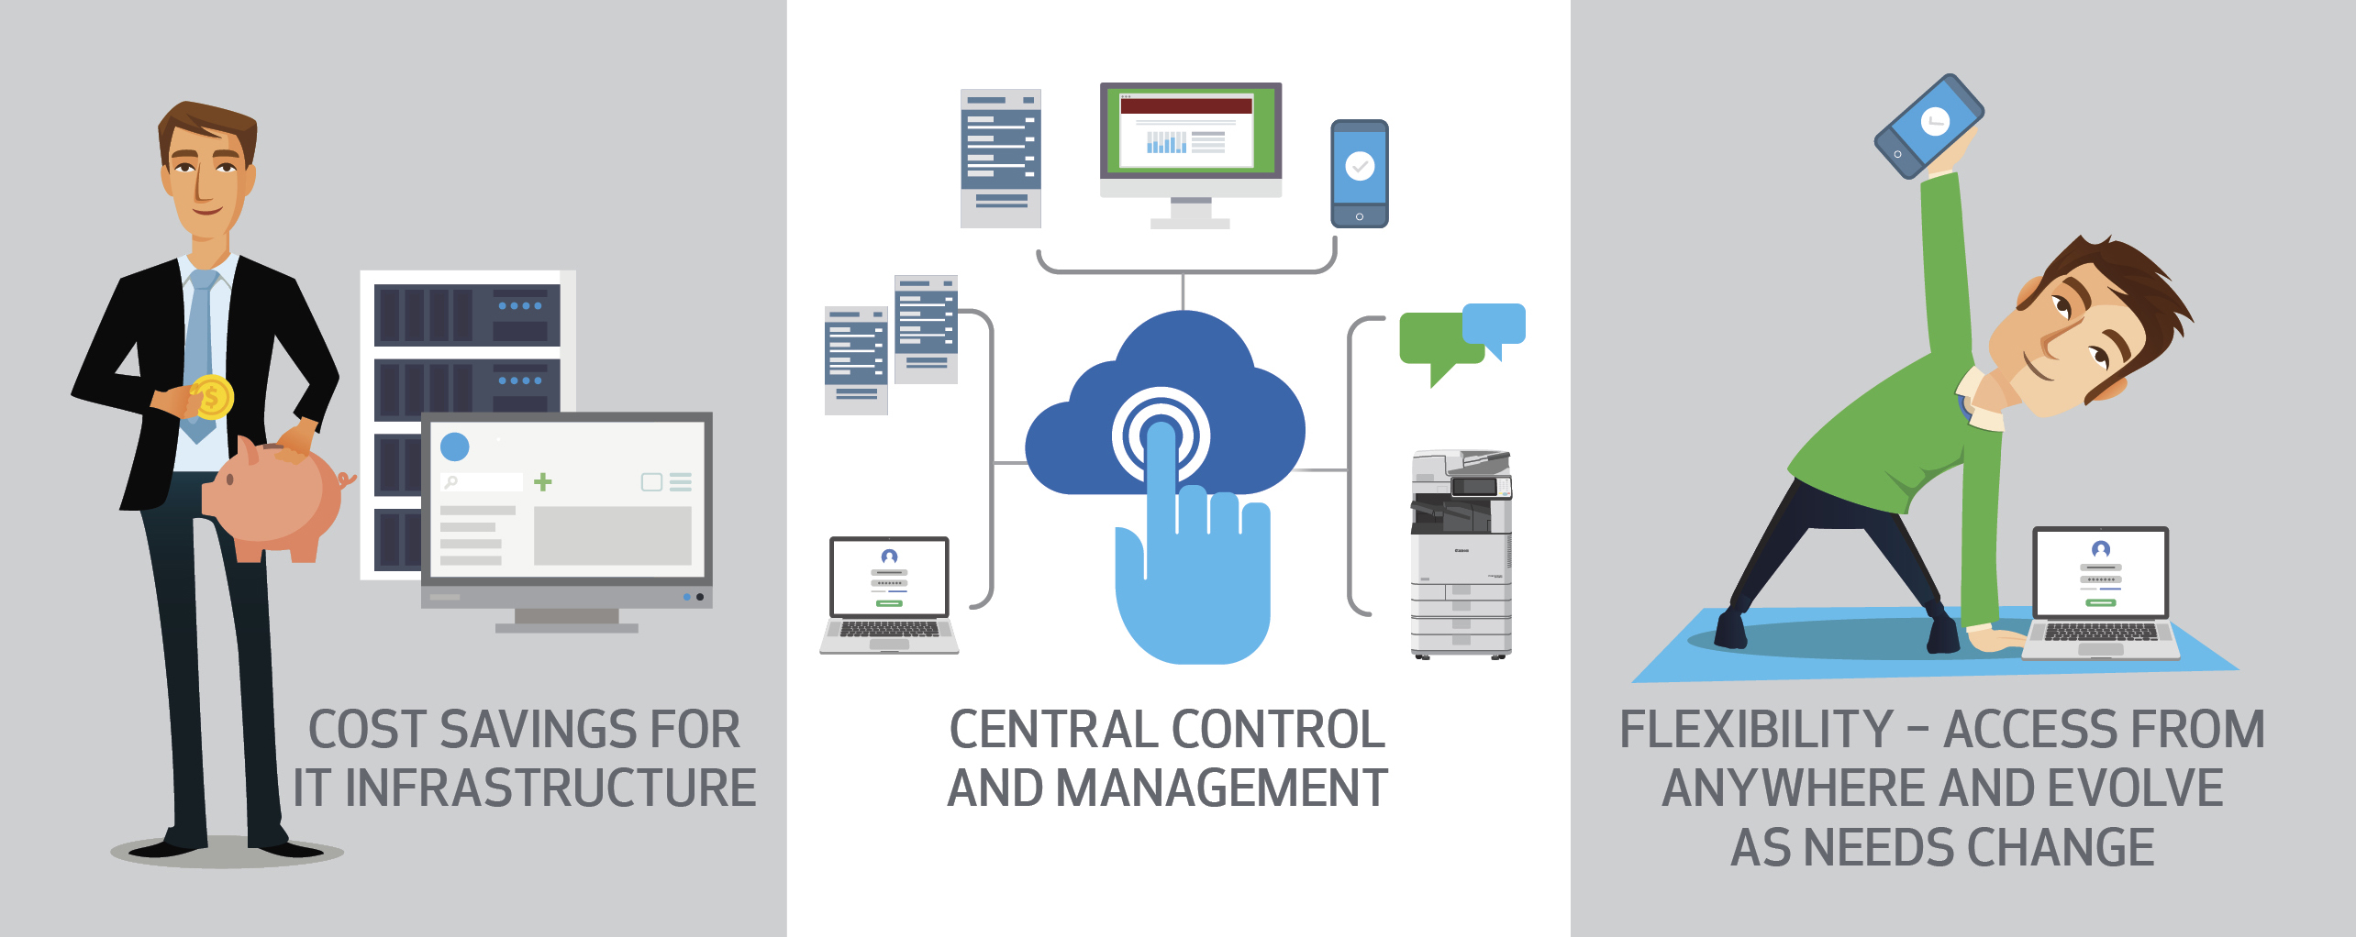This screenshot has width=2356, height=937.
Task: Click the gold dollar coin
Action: tap(212, 397)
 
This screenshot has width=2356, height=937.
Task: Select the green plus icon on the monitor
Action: tap(543, 481)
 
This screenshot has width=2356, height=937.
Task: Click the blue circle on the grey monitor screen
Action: tap(455, 446)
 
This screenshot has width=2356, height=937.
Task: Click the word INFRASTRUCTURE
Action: tap(550, 788)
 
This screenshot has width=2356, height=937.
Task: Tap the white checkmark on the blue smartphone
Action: tap(1360, 166)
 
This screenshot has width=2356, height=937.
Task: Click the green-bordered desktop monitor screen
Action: tap(1191, 129)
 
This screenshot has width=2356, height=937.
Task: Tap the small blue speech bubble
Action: tap(1494, 328)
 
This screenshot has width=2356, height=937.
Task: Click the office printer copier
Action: tap(1461, 554)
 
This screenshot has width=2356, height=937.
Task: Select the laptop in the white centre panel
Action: tap(889, 595)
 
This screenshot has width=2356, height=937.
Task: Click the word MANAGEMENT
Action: tap(1222, 788)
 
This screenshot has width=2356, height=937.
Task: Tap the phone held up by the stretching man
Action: tap(1928, 127)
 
